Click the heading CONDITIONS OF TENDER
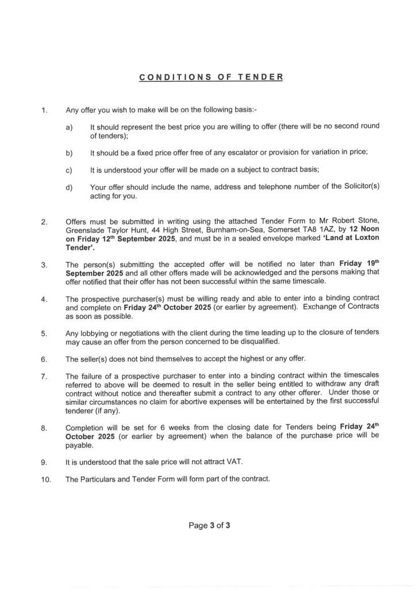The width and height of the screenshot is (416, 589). (211, 77)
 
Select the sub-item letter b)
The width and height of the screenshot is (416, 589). (69, 152)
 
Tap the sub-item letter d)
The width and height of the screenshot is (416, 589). (69, 186)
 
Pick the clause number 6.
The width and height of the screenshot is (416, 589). (44, 359)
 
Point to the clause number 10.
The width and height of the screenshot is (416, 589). (46, 479)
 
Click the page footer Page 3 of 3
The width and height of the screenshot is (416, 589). (210, 525)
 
